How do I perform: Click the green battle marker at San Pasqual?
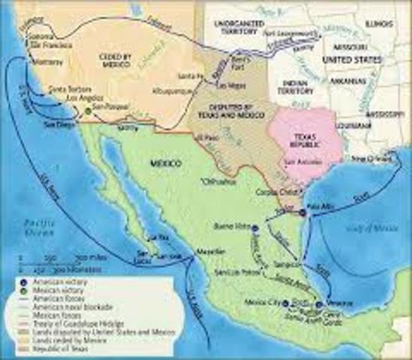(89, 111)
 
